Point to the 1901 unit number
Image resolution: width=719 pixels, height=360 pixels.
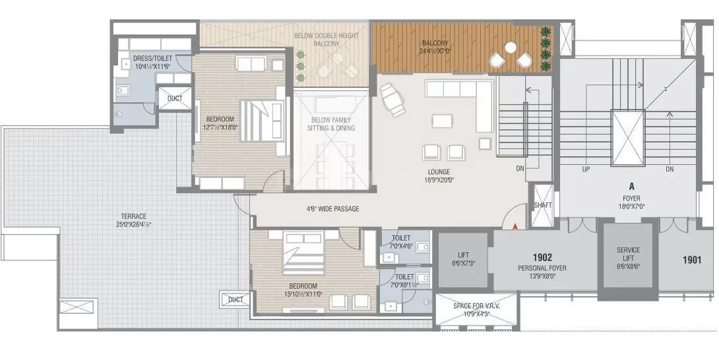[692, 259]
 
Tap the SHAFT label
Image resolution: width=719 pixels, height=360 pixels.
[543, 205]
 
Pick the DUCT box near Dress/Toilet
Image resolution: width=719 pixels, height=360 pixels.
[175, 99]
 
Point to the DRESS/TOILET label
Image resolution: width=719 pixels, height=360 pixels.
[152, 61]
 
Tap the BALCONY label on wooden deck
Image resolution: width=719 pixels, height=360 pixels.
[435, 47]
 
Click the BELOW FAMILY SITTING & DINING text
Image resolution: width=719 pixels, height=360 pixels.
[331, 124]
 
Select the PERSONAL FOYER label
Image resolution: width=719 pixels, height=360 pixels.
[542, 268]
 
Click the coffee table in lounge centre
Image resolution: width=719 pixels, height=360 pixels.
[443, 121]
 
